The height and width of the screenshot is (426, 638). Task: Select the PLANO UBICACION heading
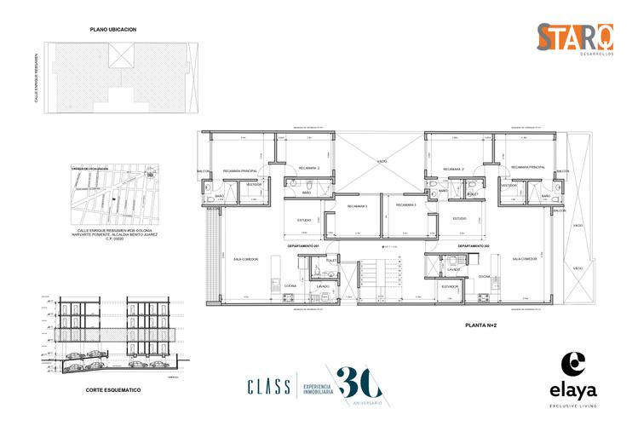tap(113, 29)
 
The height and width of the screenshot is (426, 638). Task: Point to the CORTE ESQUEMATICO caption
tap(113, 389)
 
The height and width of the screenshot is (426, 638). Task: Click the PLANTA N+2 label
tap(481, 325)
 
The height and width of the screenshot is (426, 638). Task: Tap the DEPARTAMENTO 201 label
tap(302, 245)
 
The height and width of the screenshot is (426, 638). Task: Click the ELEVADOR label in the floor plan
tap(451, 286)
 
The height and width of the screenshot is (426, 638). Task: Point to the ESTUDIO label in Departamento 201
tap(303, 219)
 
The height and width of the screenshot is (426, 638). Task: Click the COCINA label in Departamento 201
tap(290, 285)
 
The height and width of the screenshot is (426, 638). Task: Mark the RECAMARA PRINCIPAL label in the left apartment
tap(240, 169)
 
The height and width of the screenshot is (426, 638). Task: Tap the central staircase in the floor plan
tap(393, 278)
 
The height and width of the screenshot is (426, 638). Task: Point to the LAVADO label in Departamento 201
tap(323, 286)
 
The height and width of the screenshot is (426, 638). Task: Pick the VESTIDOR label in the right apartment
tap(509, 185)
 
